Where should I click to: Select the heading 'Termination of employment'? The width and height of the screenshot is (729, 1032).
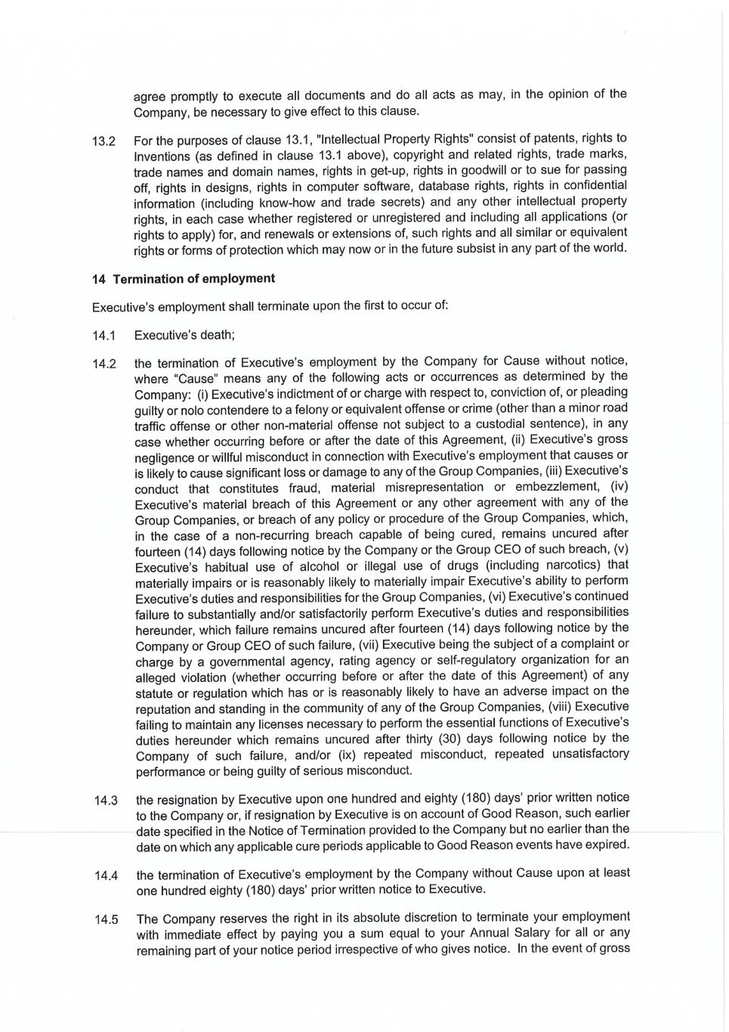point(193,278)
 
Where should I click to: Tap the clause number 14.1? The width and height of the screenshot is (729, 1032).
point(103,336)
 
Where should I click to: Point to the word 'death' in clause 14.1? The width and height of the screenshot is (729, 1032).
point(218,335)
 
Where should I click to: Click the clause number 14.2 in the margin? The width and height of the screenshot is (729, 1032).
point(103,364)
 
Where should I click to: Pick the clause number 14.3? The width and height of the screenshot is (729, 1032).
point(106,801)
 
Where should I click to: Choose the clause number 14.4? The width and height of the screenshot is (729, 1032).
point(106,875)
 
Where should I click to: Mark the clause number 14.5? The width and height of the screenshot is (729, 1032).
point(106,920)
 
